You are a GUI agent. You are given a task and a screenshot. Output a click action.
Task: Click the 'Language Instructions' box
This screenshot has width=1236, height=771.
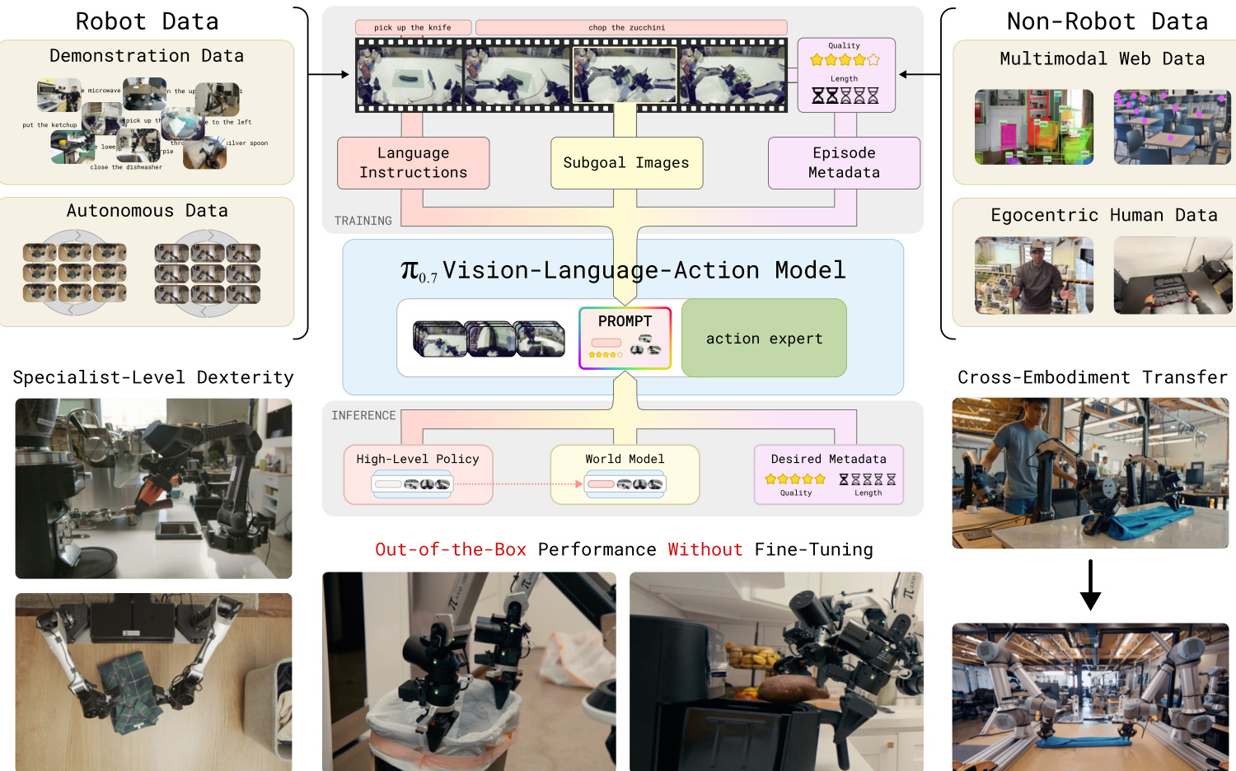pyautogui.click(x=413, y=163)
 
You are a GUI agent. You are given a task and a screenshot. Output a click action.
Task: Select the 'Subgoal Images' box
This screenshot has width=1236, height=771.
pyautogui.click(x=626, y=163)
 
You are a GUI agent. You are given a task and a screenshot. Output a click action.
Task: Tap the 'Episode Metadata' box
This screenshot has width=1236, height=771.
pyautogui.click(x=844, y=163)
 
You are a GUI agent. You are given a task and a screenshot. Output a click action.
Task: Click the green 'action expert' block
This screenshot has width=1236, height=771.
pyautogui.click(x=764, y=339)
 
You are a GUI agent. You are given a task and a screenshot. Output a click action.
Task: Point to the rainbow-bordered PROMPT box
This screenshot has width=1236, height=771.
pyautogui.click(x=625, y=338)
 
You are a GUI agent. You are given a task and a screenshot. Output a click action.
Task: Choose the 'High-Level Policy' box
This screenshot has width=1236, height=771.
pyautogui.click(x=418, y=474)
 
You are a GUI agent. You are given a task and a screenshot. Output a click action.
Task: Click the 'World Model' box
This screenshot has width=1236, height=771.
pyautogui.click(x=625, y=474)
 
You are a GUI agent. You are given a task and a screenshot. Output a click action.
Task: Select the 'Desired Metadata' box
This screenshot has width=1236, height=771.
pyautogui.click(x=829, y=474)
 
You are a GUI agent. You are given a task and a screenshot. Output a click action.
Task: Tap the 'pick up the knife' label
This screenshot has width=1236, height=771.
pyautogui.click(x=413, y=28)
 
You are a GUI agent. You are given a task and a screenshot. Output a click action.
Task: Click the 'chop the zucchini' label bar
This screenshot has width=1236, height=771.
pyautogui.click(x=631, y=28)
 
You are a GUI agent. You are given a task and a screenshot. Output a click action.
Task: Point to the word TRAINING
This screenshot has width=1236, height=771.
pyautogui.click(x=363, y=221)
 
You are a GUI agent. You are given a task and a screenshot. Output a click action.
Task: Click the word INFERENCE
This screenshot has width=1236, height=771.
pyautogui.click(x=363, y=416)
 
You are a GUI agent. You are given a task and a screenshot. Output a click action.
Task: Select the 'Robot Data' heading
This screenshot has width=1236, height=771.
pyautogui.click(x=147, y=21)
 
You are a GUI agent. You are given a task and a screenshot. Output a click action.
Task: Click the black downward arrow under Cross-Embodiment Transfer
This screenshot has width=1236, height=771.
pyautogui.click(x=1090, y=585)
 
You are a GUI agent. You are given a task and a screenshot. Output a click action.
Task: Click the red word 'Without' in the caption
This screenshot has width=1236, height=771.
pyautogui.click(x=705, y=549)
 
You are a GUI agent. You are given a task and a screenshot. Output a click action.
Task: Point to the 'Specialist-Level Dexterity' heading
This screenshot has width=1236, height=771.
pyautogui.click(x=153, y=377)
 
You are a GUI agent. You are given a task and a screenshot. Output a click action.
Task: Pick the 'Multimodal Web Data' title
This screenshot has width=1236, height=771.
pyautogui.click(x=1102, y=58)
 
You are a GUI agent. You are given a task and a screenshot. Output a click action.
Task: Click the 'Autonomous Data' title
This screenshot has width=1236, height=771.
pyautogui.click(x=147, y=211)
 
